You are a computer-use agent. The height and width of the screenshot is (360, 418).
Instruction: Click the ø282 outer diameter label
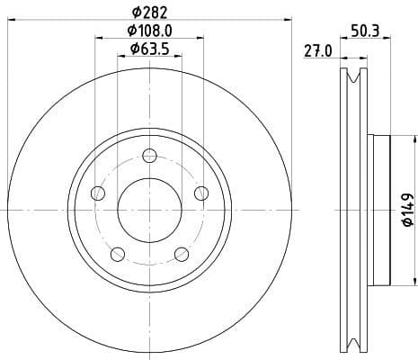[149, 12]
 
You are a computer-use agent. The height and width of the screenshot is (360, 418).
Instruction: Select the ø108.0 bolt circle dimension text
[149, 31]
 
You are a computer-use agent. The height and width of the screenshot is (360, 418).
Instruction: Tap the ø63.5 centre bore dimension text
[149, 49]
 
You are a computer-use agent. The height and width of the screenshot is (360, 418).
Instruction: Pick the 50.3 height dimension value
[363, 31]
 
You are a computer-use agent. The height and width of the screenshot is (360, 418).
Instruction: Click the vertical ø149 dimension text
[406, 209]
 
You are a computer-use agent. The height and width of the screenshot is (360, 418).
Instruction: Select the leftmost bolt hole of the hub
[99, 193]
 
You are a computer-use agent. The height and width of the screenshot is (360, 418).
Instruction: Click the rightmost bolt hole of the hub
[200, 193]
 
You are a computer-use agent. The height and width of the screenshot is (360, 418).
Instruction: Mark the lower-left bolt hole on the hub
[118, 253]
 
